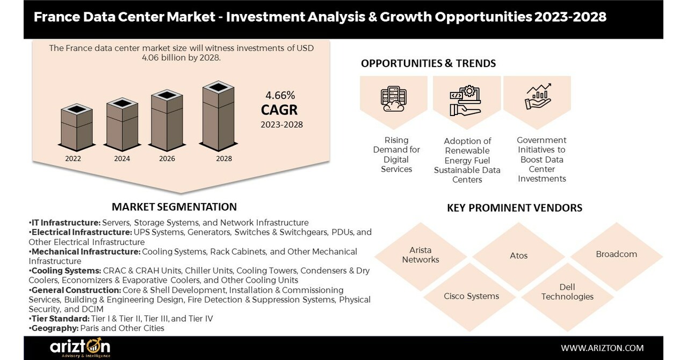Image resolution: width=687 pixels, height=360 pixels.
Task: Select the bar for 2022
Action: tap(76, 127)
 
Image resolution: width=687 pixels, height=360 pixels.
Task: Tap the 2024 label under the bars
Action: tap(122, 159)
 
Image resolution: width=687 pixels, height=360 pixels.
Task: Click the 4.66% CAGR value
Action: tap(280, 96)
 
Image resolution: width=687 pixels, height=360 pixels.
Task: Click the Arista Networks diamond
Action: tap(421, 255)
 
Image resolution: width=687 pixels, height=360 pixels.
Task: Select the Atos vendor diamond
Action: tap(518, 255)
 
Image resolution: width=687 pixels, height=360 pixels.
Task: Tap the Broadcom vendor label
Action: tap(616, 254)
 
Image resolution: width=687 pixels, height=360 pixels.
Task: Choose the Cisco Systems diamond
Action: tap(471, 296)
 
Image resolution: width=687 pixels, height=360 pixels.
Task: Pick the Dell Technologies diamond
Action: tap(567, 292)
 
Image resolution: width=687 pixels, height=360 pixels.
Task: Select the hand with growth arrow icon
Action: tap(538, 97)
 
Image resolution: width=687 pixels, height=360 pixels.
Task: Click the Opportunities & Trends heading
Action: tap(428, 63)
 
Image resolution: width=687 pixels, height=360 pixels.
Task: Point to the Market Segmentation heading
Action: tap(174, 207)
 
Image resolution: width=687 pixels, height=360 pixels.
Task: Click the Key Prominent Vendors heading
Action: tap(514, 207)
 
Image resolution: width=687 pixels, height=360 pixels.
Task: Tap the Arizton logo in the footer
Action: tap(81, 348)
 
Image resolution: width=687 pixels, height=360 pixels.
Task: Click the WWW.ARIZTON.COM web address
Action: tap(602, 348)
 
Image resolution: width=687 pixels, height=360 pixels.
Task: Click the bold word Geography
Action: tap(53, 328)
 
